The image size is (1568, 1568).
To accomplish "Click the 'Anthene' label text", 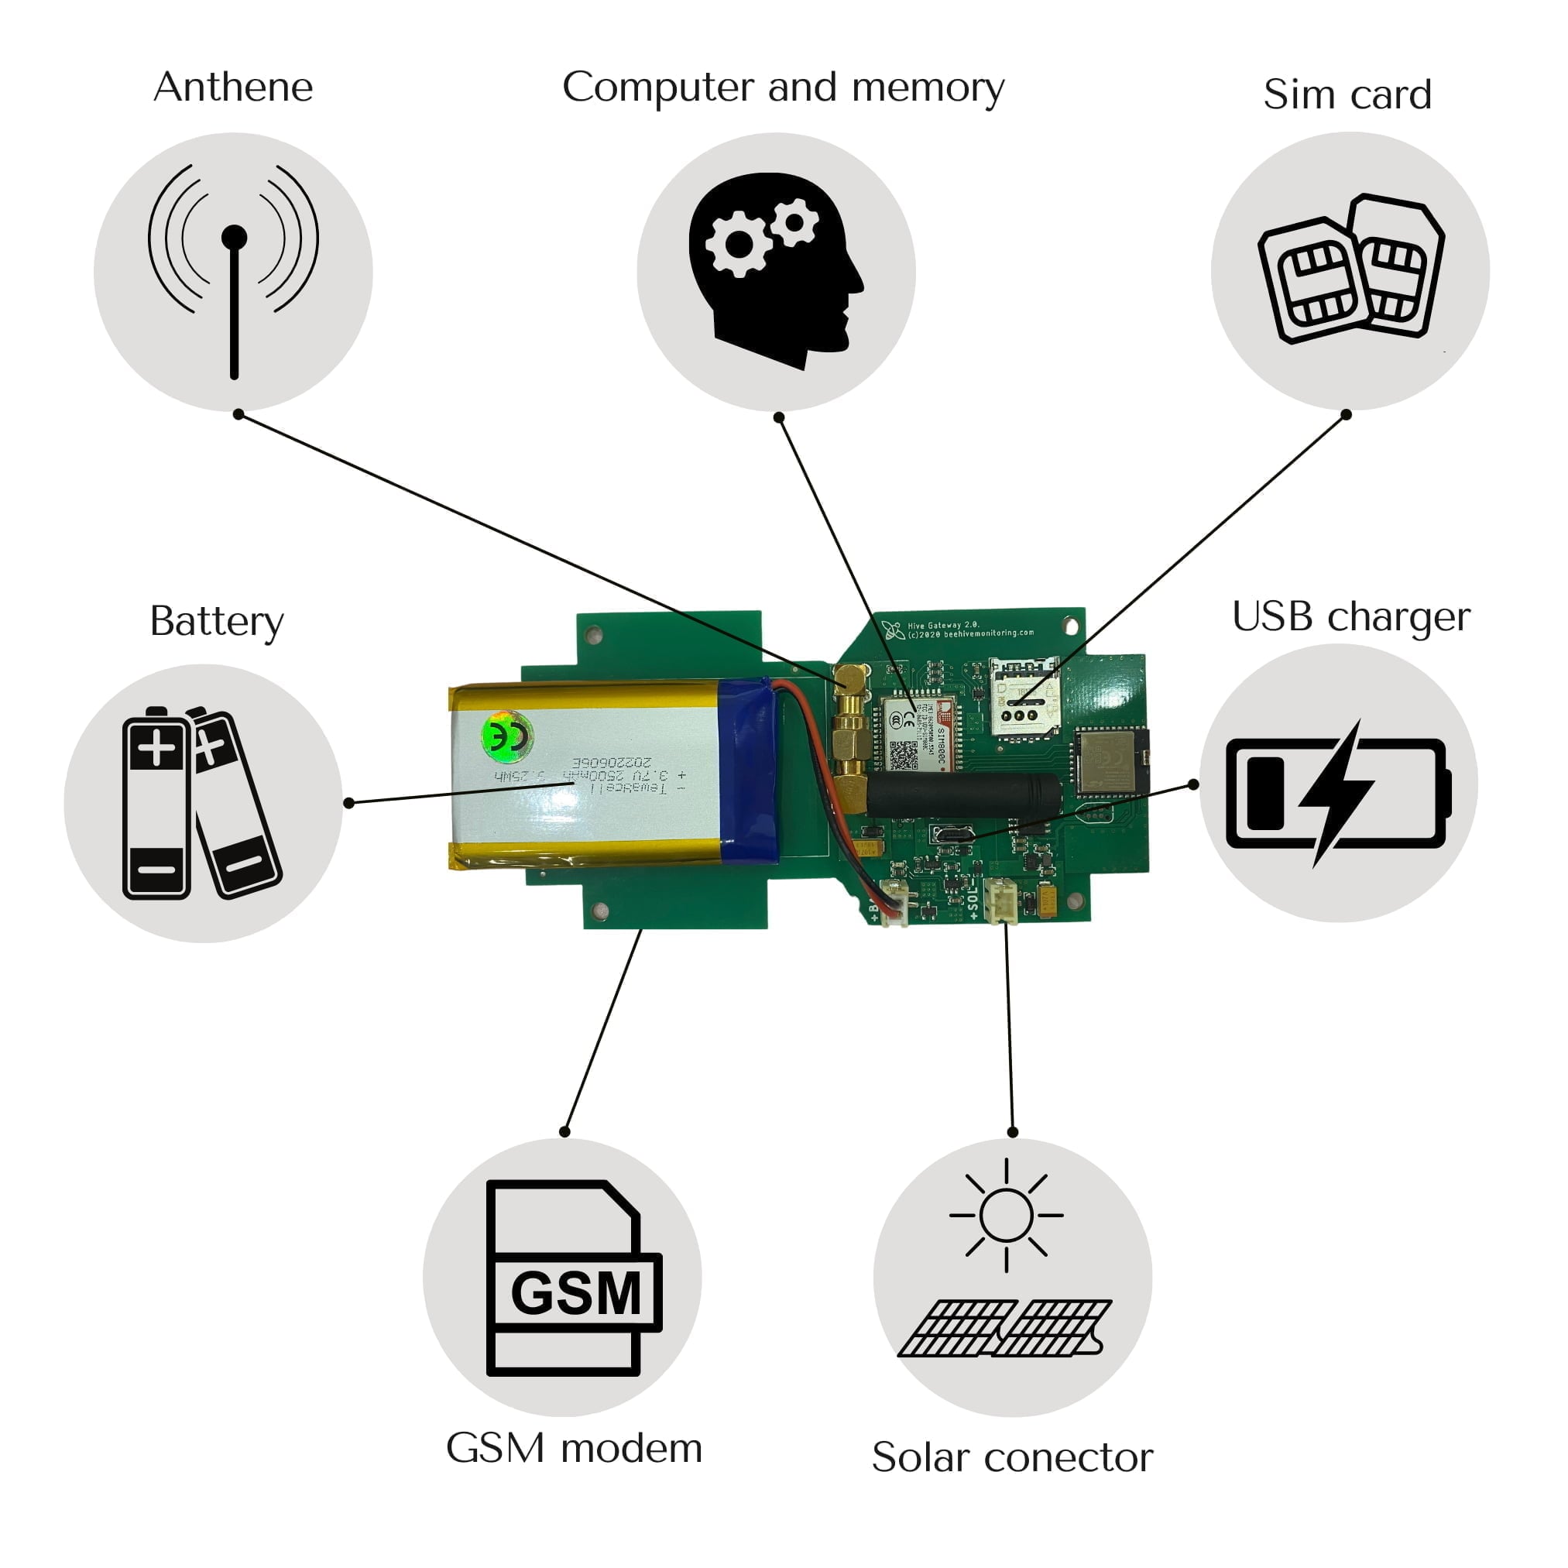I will (x=233, y=87).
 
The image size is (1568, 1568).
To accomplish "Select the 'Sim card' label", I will (x=1347, y=94).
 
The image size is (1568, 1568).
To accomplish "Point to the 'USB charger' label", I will (x=1350, y=617).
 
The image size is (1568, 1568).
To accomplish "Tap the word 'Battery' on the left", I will (x=217, y=621).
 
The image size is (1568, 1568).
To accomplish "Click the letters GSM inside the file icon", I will (x=575, y=1294).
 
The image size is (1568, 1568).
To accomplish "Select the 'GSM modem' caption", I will (x=574, y=1449).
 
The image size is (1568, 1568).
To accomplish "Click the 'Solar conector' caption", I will (x=1012, y=1457).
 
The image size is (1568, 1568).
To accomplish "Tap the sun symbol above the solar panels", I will (x=1006, y=1215).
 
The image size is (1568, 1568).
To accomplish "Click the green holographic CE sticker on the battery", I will (x=507, y=736).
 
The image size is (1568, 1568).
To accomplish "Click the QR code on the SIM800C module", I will (x=903, y=756).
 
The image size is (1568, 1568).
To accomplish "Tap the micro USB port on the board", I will (x=951, y=833).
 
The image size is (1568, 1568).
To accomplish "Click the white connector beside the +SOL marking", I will (x=1000, y=901).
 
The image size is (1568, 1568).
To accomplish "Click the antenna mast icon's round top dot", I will (x=234, y=238).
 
